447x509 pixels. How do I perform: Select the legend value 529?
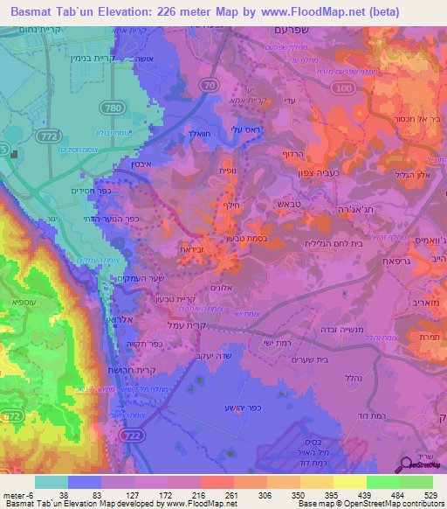coord(430,494)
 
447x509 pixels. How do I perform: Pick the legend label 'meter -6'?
coord(18,494)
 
